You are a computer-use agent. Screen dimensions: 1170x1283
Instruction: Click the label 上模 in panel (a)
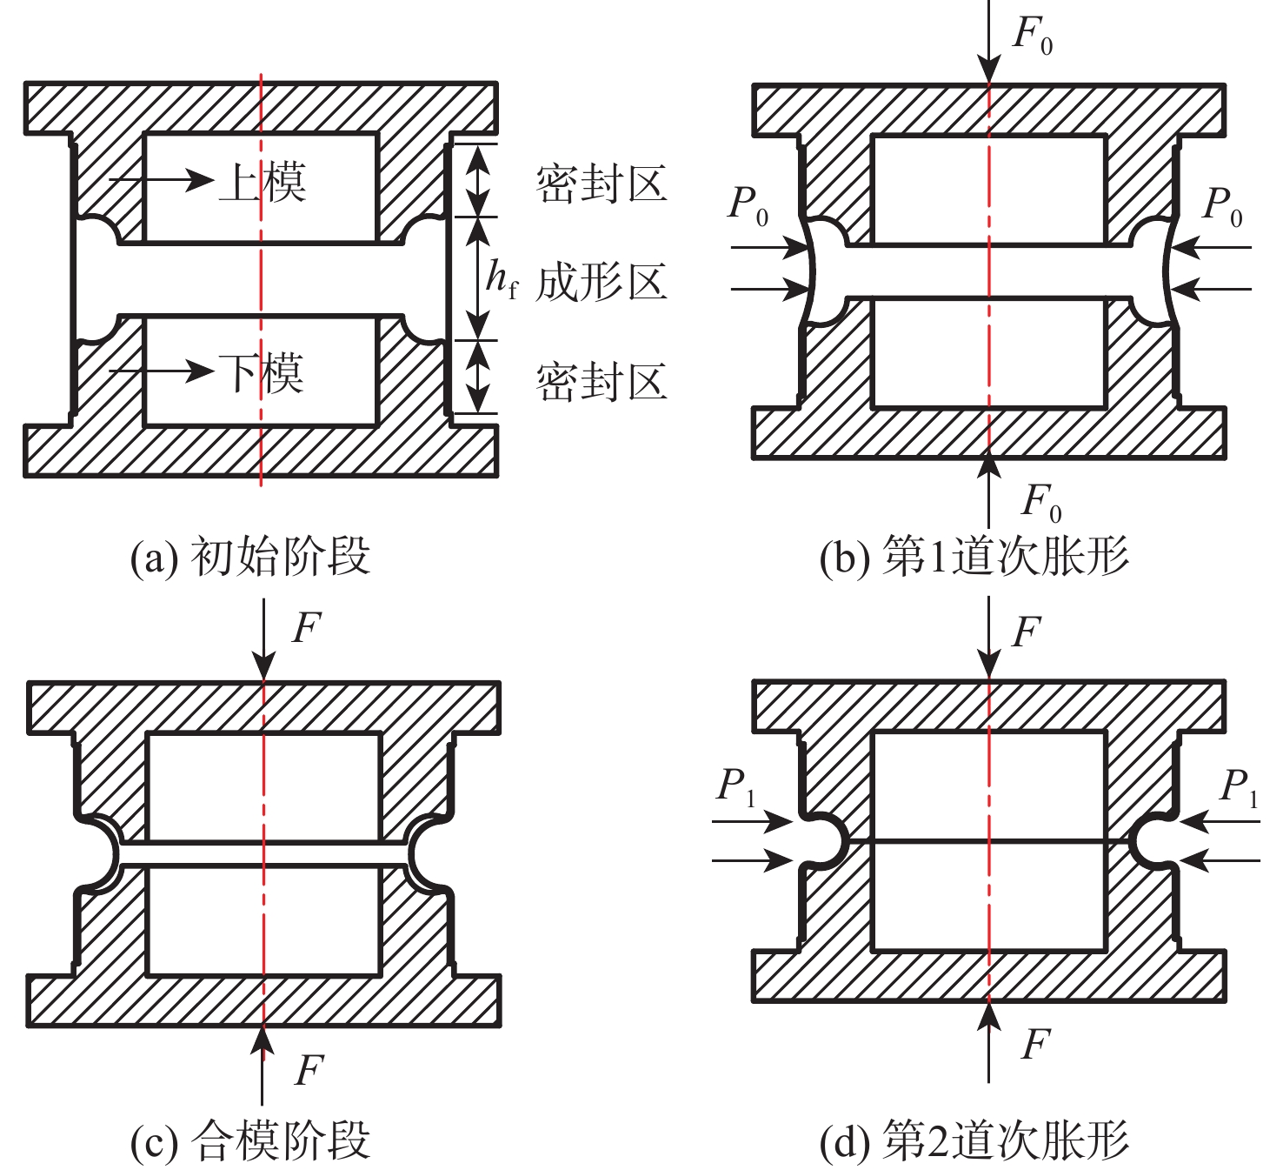click(x=262, y=182)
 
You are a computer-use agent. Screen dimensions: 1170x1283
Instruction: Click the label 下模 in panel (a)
click(x=262, y=373)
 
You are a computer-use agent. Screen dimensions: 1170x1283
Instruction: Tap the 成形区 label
click(x=602, y=282)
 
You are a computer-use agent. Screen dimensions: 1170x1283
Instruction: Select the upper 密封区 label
click(x=602, y=184)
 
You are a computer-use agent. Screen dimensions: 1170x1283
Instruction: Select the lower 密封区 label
click(x=602, y=382)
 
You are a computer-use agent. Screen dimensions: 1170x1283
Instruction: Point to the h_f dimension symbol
click(x=501, y=278)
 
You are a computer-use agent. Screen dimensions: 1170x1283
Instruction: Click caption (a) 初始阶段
click(x=250, y=557)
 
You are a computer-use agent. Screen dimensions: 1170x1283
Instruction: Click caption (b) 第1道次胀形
click(x=974, y=557)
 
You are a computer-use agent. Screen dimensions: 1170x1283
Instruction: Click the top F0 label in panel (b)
click(x=1032, y=37)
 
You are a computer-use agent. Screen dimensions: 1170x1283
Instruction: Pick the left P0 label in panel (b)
click(x=748, y=205)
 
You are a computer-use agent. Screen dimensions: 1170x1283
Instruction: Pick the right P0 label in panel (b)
click(x=1222, y=205)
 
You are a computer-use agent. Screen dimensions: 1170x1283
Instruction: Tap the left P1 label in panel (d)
click(x=735, y=786)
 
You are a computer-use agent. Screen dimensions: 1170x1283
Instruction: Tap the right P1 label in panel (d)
click(x=1238, y=787)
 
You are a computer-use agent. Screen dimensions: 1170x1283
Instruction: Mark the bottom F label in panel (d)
click(x=1035, y=1043)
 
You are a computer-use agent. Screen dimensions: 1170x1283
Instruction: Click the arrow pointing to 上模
click(x=162, y=180)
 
